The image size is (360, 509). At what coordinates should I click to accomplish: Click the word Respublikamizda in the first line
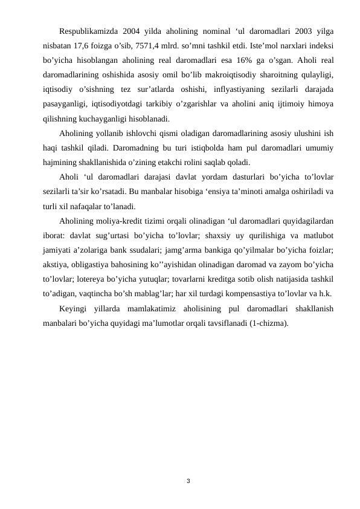click(88, 31)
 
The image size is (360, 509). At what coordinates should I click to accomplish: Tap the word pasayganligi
click(66, 104)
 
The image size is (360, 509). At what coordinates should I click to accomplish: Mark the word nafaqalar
click(91, 206)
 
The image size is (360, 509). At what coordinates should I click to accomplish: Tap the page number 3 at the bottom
click(188, 481)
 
